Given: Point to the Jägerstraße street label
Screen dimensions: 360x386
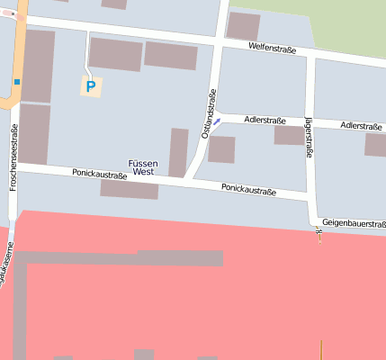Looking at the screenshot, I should [310, 137].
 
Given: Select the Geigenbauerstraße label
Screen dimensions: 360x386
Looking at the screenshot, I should [354, 223].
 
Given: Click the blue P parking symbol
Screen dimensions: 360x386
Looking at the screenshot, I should [89, 86].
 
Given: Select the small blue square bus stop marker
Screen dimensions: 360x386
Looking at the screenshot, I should [16, 82].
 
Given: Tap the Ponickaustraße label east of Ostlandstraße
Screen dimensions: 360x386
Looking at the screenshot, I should [248, 189].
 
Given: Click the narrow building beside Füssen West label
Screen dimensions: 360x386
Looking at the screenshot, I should [178, 152].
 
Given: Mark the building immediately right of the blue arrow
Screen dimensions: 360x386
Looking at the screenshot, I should [221, 148].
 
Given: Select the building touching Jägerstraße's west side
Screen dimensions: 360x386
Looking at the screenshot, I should [289, 135].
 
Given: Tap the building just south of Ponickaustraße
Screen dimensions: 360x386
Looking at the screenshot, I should [129, 189].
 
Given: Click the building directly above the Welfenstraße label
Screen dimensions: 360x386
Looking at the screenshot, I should [243, 25].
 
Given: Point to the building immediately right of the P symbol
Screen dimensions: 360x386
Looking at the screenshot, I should [115, 54].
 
